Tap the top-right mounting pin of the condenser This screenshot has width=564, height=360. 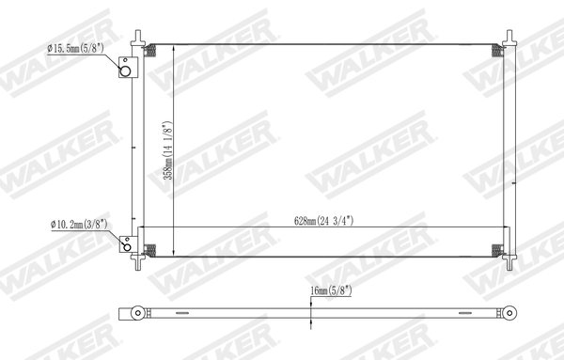pyautogui.click(x=510, y=35)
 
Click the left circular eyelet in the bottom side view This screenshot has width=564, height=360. pyautogui.click(x=138, y=312)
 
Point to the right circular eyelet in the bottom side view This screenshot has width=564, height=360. pyautogui.click(x=511, y=312)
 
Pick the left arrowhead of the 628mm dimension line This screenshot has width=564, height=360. pyautogui.click(x=144, y=227)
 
